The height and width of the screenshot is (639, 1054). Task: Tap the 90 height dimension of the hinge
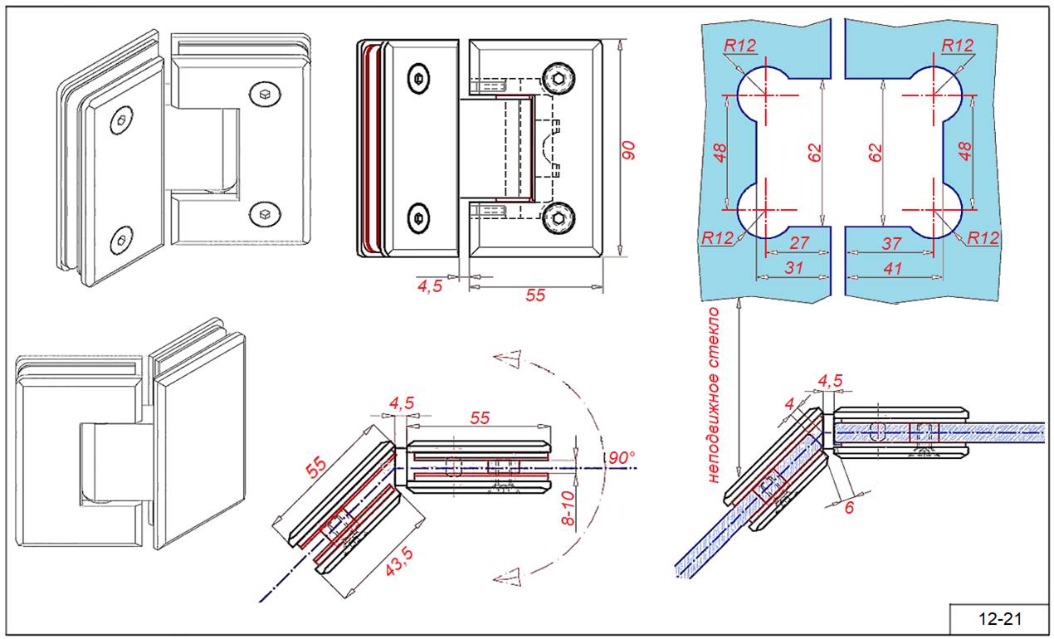(629, 150)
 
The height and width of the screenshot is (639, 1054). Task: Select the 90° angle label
(621, 458)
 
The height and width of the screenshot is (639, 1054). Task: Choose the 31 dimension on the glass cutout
(793, 268)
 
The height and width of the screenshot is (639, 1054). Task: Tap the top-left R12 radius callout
(739, 46)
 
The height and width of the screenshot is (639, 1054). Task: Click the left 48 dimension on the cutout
(720, 153)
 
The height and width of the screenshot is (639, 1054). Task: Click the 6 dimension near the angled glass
(848, 508)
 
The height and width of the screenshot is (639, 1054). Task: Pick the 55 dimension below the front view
(535, 295)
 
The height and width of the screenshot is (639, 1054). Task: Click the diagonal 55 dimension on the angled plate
(316, 467)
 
